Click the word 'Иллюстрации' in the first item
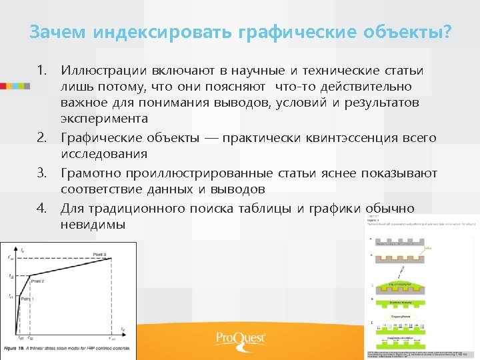[103, 71]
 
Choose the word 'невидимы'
[93, 225]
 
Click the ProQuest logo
[240, 339]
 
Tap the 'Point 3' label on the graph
[99, 255]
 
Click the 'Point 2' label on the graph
[39, 281]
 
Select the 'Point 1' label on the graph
[27, 299]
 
